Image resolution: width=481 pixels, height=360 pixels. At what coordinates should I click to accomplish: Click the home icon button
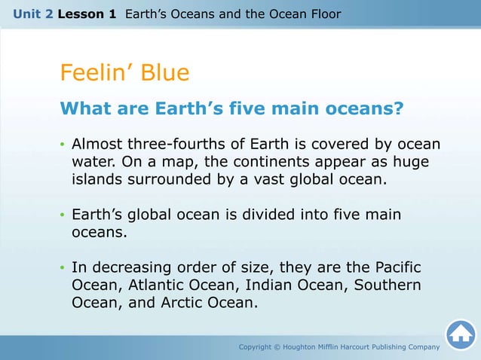460,335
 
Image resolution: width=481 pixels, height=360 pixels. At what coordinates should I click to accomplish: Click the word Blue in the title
163,73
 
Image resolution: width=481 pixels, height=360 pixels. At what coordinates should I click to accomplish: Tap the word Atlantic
155,286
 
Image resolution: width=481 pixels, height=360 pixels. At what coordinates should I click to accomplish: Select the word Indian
269,286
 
